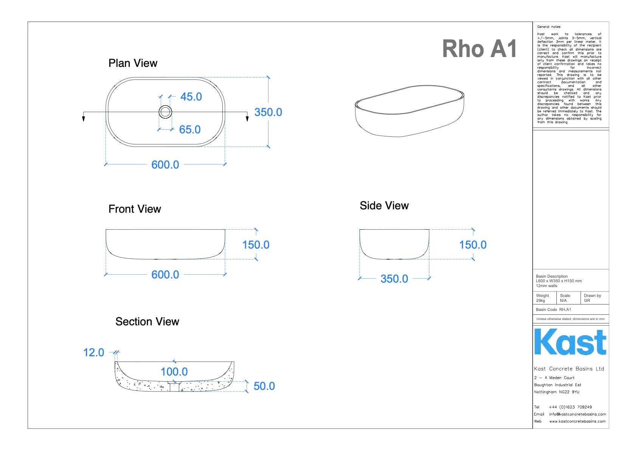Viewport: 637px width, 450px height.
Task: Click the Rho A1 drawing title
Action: [x=479, y=49]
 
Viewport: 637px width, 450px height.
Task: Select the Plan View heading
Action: [x=133, y=63]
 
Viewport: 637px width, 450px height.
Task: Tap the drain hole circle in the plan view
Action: [x=165, y=112]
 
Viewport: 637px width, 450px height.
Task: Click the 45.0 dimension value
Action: [x=191, y=97]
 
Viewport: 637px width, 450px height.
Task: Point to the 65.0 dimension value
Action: [x=190, y=130]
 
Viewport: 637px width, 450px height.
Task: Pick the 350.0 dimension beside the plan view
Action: [x=268, y=112]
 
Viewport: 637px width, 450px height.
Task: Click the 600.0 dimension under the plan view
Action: [x=165, y=165]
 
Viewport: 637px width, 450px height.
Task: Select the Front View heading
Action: [x=135, y=209]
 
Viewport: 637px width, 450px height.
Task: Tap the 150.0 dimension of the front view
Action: [x=256, y=245]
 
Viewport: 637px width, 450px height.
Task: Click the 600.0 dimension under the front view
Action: [x=165, y=275]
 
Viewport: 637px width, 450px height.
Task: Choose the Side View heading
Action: [x=384, y=206]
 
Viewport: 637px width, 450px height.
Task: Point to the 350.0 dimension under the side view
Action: [x=394, y=279]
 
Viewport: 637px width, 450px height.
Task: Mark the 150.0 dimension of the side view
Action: [x=473, y=245]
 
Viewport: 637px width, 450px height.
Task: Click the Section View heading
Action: [x=147, y=322]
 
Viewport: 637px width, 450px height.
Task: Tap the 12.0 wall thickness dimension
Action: [x=93, y=353]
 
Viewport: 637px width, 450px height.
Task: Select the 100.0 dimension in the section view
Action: [x=174, y=372]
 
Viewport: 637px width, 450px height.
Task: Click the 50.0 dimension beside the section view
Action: [x=264, y=386]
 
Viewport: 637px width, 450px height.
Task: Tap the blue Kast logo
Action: [x=570, y=342]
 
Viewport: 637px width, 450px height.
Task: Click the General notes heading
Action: [x=548, y=27]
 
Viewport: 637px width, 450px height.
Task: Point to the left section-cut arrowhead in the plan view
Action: [x=84, y=119]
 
